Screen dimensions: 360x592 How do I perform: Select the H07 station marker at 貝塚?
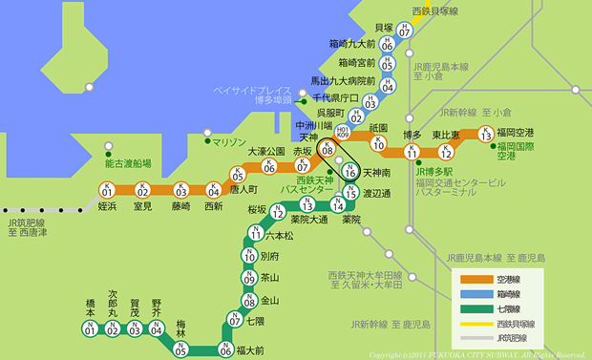[405, 30]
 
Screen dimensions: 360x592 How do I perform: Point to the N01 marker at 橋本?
[90, 328]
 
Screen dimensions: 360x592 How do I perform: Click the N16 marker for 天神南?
[349, 171]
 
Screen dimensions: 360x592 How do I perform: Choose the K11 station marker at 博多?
[412, 152]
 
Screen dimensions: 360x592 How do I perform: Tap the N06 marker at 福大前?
[225, 349]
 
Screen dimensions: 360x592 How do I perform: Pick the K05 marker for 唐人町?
[238, 174]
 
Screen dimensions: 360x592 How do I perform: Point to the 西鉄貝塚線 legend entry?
[513, 324]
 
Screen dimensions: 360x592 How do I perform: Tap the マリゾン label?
[229, 142]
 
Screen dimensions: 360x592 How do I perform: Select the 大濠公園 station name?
[267, 151]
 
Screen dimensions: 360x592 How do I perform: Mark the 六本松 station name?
[280, 235]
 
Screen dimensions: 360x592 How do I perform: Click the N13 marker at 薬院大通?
[307, 203]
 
